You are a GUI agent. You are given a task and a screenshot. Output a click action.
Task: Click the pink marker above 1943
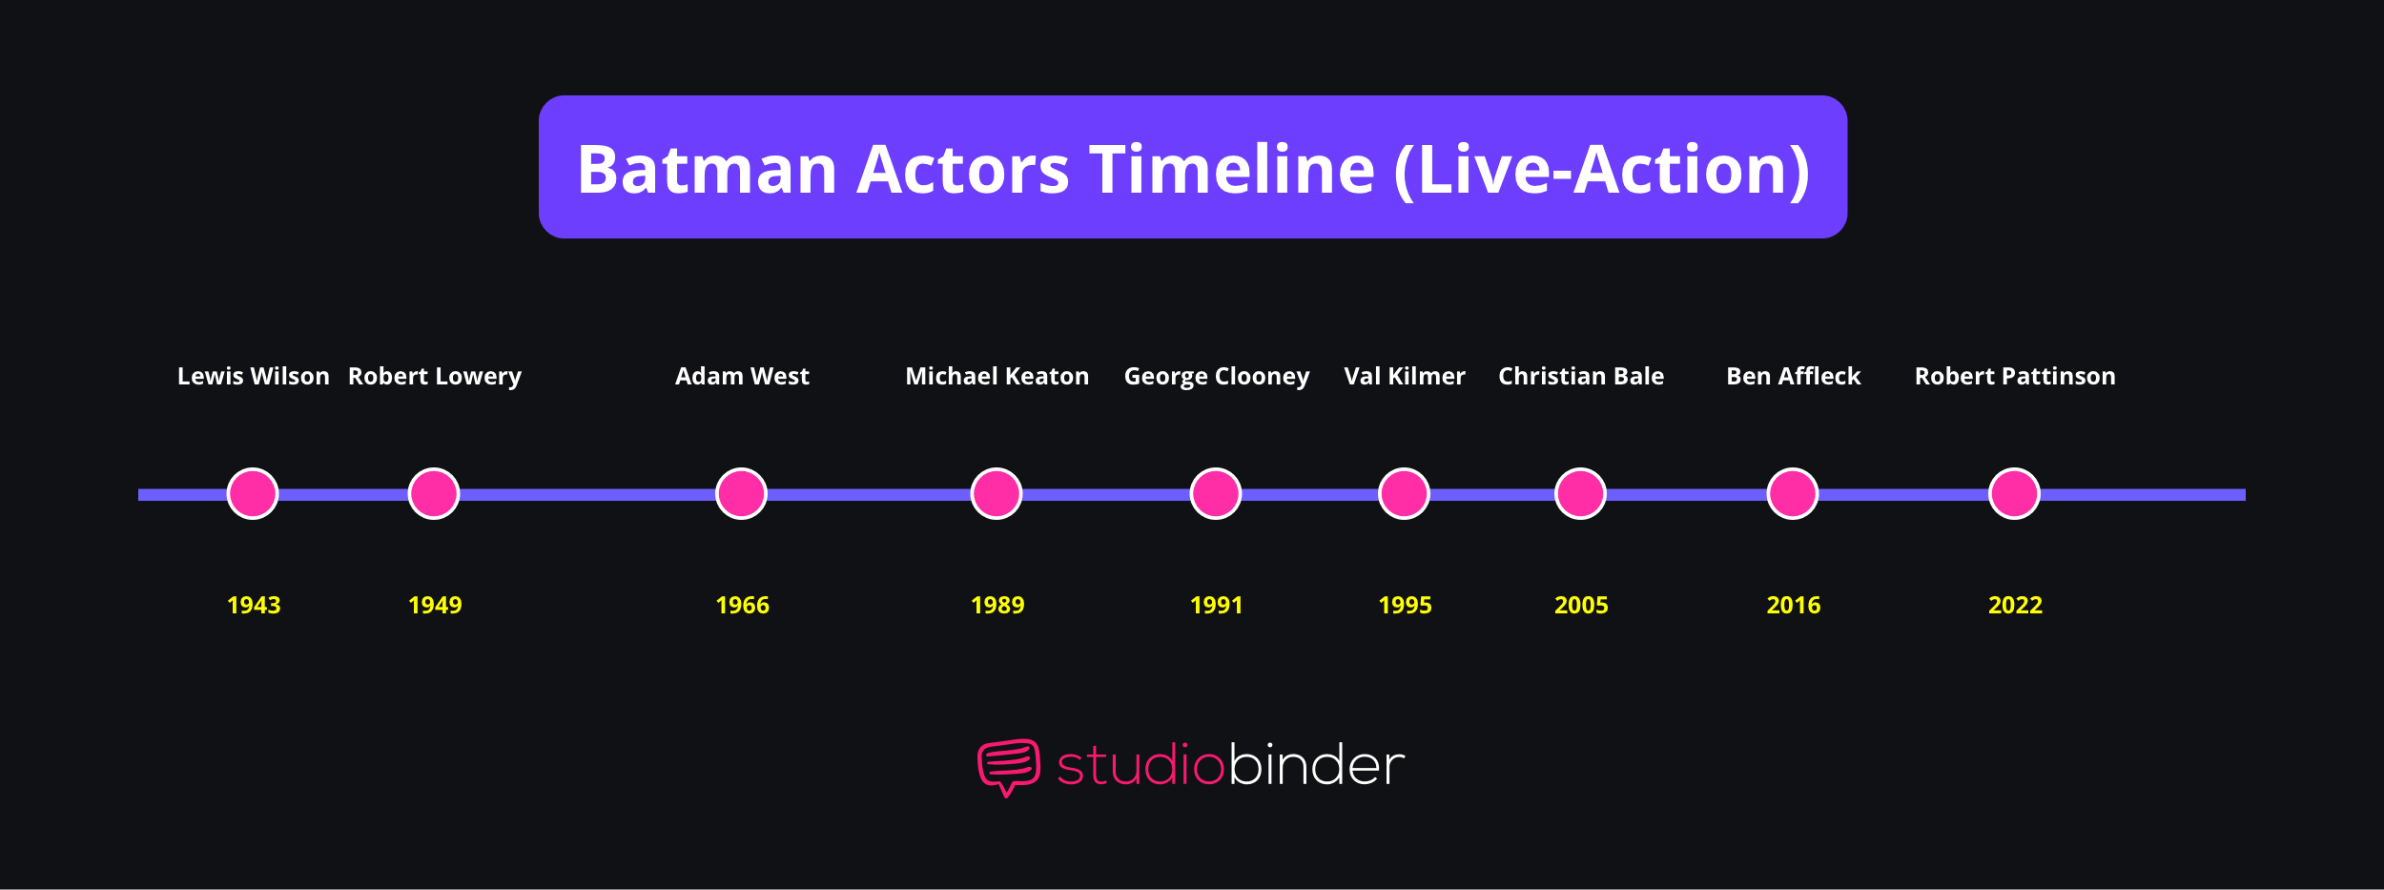pyautogui.click(x=253, y=493)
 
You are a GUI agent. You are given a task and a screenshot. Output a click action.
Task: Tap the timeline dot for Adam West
pyautogui.click(x=741, y=493)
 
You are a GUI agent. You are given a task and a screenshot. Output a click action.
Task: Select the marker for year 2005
pyautogui.click(x=1580, y=493)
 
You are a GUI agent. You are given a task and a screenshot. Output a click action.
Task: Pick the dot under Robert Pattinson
pyautogui.click(x=2014, y=493)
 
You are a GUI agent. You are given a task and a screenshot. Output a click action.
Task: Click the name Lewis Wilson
pyautogui.click(x=253, y=376)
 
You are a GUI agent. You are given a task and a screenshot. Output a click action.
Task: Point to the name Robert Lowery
pyautogui.click(x=434, y=376)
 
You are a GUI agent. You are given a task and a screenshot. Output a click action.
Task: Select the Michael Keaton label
pyautogui.click(x=997, y=376)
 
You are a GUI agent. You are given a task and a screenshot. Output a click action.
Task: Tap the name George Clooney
pyautogui.click(x=1216, y=376)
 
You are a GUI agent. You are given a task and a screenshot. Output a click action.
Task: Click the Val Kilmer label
pyautogui.click(x=1404, y=376)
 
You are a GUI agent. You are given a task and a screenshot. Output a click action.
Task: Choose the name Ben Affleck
pyautogui.click(x=1793, y=376)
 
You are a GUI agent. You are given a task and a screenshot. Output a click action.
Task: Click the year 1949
pyautogui.click(x=435, y=605)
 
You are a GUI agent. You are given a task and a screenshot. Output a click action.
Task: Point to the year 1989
pyautogui.click(x=997, y=605)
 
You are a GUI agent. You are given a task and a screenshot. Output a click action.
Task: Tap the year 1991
pyautogui.click(x=1216, y=605)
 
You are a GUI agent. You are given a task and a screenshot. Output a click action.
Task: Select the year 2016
pyautogui.click(x=1793, y=605)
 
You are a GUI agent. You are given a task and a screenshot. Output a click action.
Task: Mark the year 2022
pyautogui.click(x=2015, y=605)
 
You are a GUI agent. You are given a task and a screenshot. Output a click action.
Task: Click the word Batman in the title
pyautogui.click(x=707, y=170)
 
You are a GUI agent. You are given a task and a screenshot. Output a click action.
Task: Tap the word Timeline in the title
pyautogui.click(x=1232, y=170)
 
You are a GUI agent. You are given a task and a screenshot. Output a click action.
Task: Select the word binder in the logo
pyautogui.click(x=1316, y=765)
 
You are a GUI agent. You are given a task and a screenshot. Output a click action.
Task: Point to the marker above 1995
pyautogui.click(x=1404, y=493)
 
